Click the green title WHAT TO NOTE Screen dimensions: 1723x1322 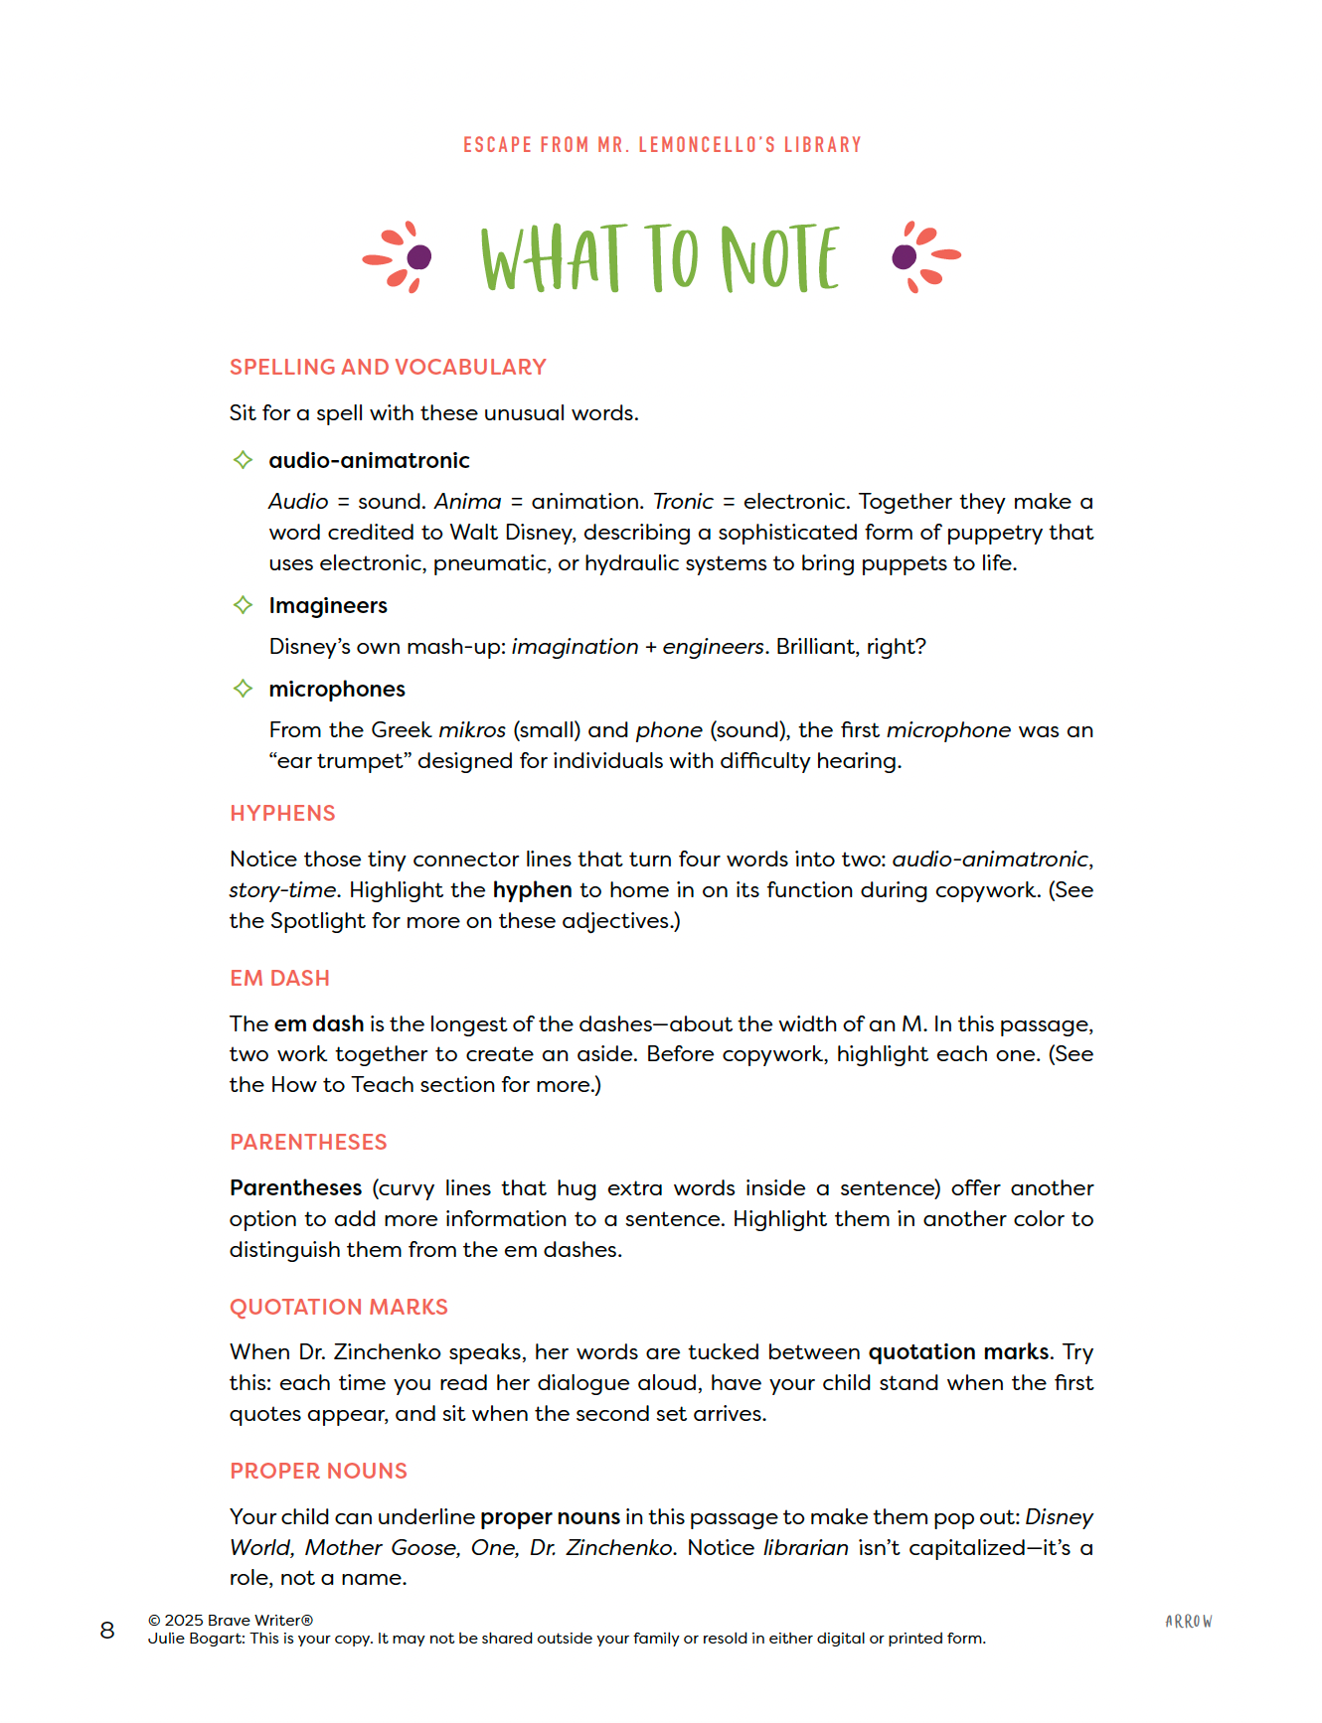click(x=660, y=258)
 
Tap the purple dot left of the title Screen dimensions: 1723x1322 click(x=419, y=257)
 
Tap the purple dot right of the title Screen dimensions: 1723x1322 click(x=904, y=257)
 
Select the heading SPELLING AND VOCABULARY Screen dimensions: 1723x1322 click(x=388, y=368)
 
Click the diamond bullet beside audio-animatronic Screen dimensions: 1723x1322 click(x=243, y=460)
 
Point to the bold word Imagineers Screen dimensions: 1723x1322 click(x=328, y=606)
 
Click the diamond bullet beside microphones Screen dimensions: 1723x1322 click(x=243, y=689)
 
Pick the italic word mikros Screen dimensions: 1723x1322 click(x=472, y=730)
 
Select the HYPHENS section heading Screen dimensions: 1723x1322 click(x=282, y=814)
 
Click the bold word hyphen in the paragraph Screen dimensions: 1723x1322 click(x=532, y=890)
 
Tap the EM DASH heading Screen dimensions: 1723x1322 click(x=279, y=979)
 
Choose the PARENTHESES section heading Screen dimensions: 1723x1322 click(x=308, y=1143)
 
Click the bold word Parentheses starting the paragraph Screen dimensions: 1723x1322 click(x=295, y=1188)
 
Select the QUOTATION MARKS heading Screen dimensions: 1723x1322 click(x=338, y=1308)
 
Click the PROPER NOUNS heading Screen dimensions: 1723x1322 click(x=318, y=1472)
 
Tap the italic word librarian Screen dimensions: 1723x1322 click(x=805, y=1548)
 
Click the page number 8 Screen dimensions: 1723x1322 click(x=107, y=1631)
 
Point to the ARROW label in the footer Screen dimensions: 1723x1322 click(x=1189, y=1622)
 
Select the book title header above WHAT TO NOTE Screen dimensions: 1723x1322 click(x=662, y=145)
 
